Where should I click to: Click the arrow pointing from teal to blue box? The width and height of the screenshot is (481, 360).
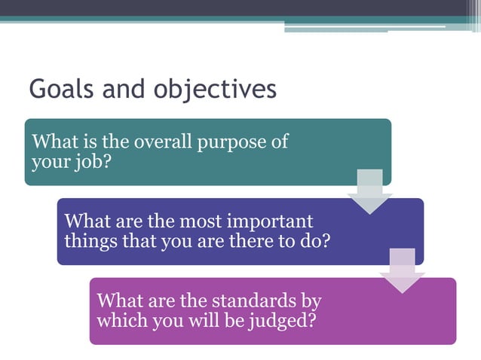coord(369,191)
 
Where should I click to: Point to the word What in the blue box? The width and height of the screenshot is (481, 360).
coord(84,221)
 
